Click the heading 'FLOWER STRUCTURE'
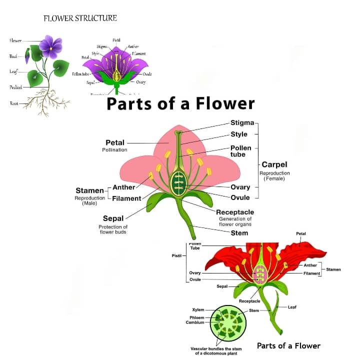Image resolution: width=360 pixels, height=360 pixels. pyautogui.click(x=80, y=18)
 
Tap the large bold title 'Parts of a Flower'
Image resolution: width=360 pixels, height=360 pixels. pyautogui.click(x=180, y=103)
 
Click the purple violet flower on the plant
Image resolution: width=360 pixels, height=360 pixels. pyautogui.click(x=50, y=46)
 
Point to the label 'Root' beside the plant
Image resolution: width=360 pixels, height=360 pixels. pyautogui.click(x=14, y=103)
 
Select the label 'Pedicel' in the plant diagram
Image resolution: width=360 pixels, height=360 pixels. pyautogui.click(x=15, y=87)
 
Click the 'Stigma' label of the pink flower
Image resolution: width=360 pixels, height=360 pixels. pyautogui.click(x=242, y=122)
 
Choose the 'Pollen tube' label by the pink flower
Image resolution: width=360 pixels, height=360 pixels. pyautogui.click(x=240, y=151)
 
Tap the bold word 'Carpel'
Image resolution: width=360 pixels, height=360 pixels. pyautogui.click(x=274, y=164)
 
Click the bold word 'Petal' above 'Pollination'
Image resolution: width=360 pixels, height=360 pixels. pyautogui.click(x=115, y=142)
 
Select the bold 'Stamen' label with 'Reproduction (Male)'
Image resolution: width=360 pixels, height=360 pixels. pyautogui.click(x=89, y=190)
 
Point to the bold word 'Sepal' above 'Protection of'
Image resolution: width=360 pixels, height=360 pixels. pyautogui.click(x=113, y=218)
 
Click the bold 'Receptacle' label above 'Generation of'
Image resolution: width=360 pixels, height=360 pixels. pyautogui.click(x=235, y=212)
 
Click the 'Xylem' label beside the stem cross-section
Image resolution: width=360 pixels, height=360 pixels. pyautogui.click(x=198, y=310)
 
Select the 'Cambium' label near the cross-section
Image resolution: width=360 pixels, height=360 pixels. pyautogui.click(x=195, y=322)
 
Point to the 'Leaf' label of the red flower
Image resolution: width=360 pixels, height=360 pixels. pyautogui.click(x=292, y=306)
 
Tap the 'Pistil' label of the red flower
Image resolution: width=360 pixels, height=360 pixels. pyautogui.click(x=176, y=255)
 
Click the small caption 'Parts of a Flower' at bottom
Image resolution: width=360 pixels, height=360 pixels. pyautogui.click(x=288, y=345)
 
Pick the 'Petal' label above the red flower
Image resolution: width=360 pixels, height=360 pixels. pyautogui.click(x=301, y=233)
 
